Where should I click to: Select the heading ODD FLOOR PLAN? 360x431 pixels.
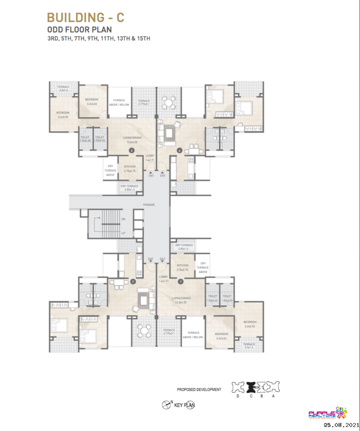point(79,30)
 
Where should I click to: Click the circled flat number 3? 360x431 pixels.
point(132,150)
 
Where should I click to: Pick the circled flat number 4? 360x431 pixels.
point(180,150)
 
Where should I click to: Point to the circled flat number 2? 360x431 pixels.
point(133,281)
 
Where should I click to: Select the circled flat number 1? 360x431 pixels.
point(181,281)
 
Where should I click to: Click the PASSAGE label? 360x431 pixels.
point(149,205)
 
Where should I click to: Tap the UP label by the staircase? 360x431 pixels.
point(123,233)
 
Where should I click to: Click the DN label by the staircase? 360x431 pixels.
point(123,219)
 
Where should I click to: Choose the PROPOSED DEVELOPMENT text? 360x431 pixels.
point(199,389)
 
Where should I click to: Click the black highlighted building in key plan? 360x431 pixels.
point(251,387)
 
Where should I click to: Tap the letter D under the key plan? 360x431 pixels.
point(237,396)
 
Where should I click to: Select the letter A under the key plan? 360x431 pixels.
point(274,396)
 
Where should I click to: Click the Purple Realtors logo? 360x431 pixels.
point(328,414)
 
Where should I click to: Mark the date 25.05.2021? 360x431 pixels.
point(340,425)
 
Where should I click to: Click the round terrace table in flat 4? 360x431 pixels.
point(169,102)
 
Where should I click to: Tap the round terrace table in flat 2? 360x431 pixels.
point(143,331)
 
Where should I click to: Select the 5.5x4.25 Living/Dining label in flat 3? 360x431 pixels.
point(132,142)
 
